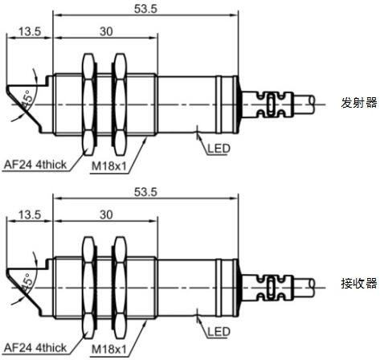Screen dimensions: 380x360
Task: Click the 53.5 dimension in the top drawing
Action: point(145,9)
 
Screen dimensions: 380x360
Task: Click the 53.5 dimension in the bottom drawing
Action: point(145,192)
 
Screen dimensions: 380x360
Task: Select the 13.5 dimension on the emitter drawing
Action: point(30,31)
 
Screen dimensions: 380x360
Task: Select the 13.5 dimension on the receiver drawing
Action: point(30,215)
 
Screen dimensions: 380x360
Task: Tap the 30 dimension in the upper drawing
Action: point(106,31)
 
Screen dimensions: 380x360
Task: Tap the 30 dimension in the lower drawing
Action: point(106,215)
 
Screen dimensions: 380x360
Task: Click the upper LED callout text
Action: point(219,149)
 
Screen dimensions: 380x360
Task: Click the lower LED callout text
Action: point(219,332)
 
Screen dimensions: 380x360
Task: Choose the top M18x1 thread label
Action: point(108,166)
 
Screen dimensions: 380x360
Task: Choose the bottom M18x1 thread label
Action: point(108,350)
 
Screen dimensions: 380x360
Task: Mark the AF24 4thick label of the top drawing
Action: point(35,165)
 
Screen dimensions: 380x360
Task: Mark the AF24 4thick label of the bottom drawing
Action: point(35,348)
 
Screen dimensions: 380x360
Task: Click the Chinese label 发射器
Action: point(359,103)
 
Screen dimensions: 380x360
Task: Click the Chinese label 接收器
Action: point(359,284)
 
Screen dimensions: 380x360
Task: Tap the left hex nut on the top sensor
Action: point(88,104)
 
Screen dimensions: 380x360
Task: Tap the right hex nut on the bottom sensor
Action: point(120,288)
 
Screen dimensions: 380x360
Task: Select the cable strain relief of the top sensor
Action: point(268,104)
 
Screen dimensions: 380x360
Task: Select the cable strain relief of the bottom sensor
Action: point(268,288)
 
